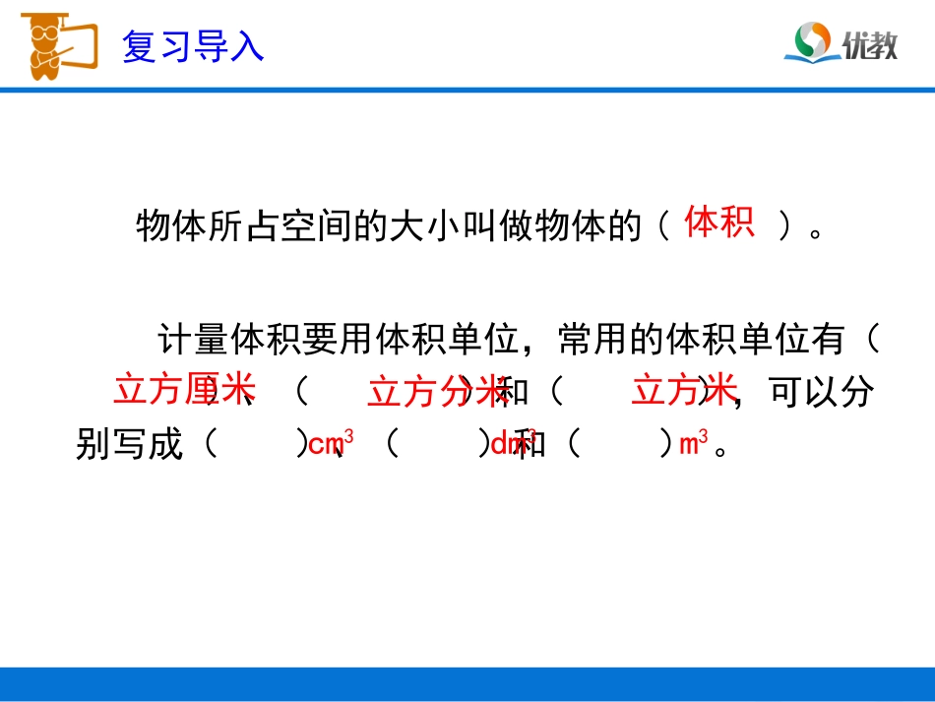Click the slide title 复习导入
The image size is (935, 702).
(193, 46)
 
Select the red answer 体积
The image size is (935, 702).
(719, 223)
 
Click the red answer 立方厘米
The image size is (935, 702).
(184, 389)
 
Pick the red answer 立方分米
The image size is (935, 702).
(437, 392)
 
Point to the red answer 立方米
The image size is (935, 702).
(684, 390)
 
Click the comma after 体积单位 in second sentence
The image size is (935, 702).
(536, 347)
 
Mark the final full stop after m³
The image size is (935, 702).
(724, 451)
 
